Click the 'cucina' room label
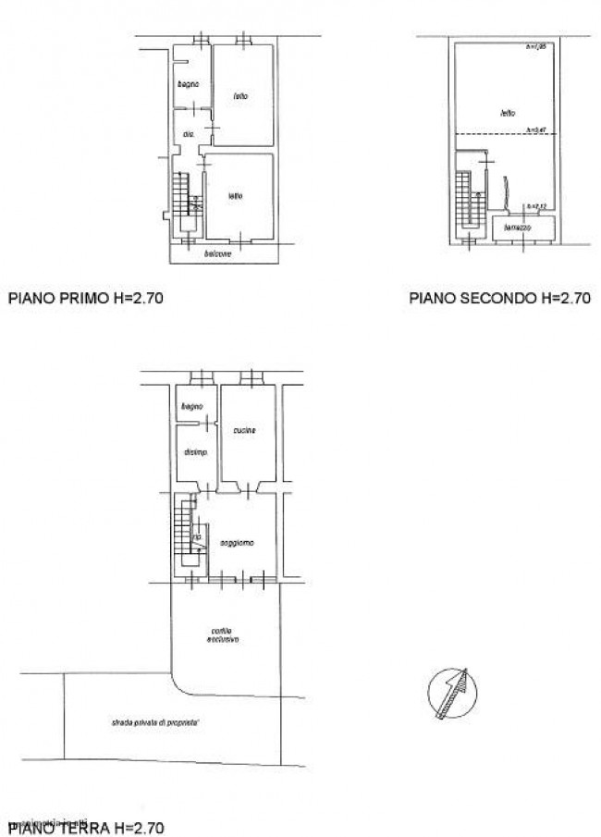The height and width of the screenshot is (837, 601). [x=245, y=430]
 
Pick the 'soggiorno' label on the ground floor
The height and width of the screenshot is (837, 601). [x=237, y=542]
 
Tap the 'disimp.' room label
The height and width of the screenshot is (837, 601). [x=195, y=452]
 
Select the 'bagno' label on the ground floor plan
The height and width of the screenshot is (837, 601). [x=191, y=406]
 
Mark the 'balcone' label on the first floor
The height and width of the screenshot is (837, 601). [x=217, y=253]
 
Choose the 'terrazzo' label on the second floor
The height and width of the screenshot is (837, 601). [x=517, y=227]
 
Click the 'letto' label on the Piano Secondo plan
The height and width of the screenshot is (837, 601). [x=507, y=114]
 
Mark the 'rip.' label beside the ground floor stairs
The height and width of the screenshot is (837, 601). [x=196, y=536]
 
